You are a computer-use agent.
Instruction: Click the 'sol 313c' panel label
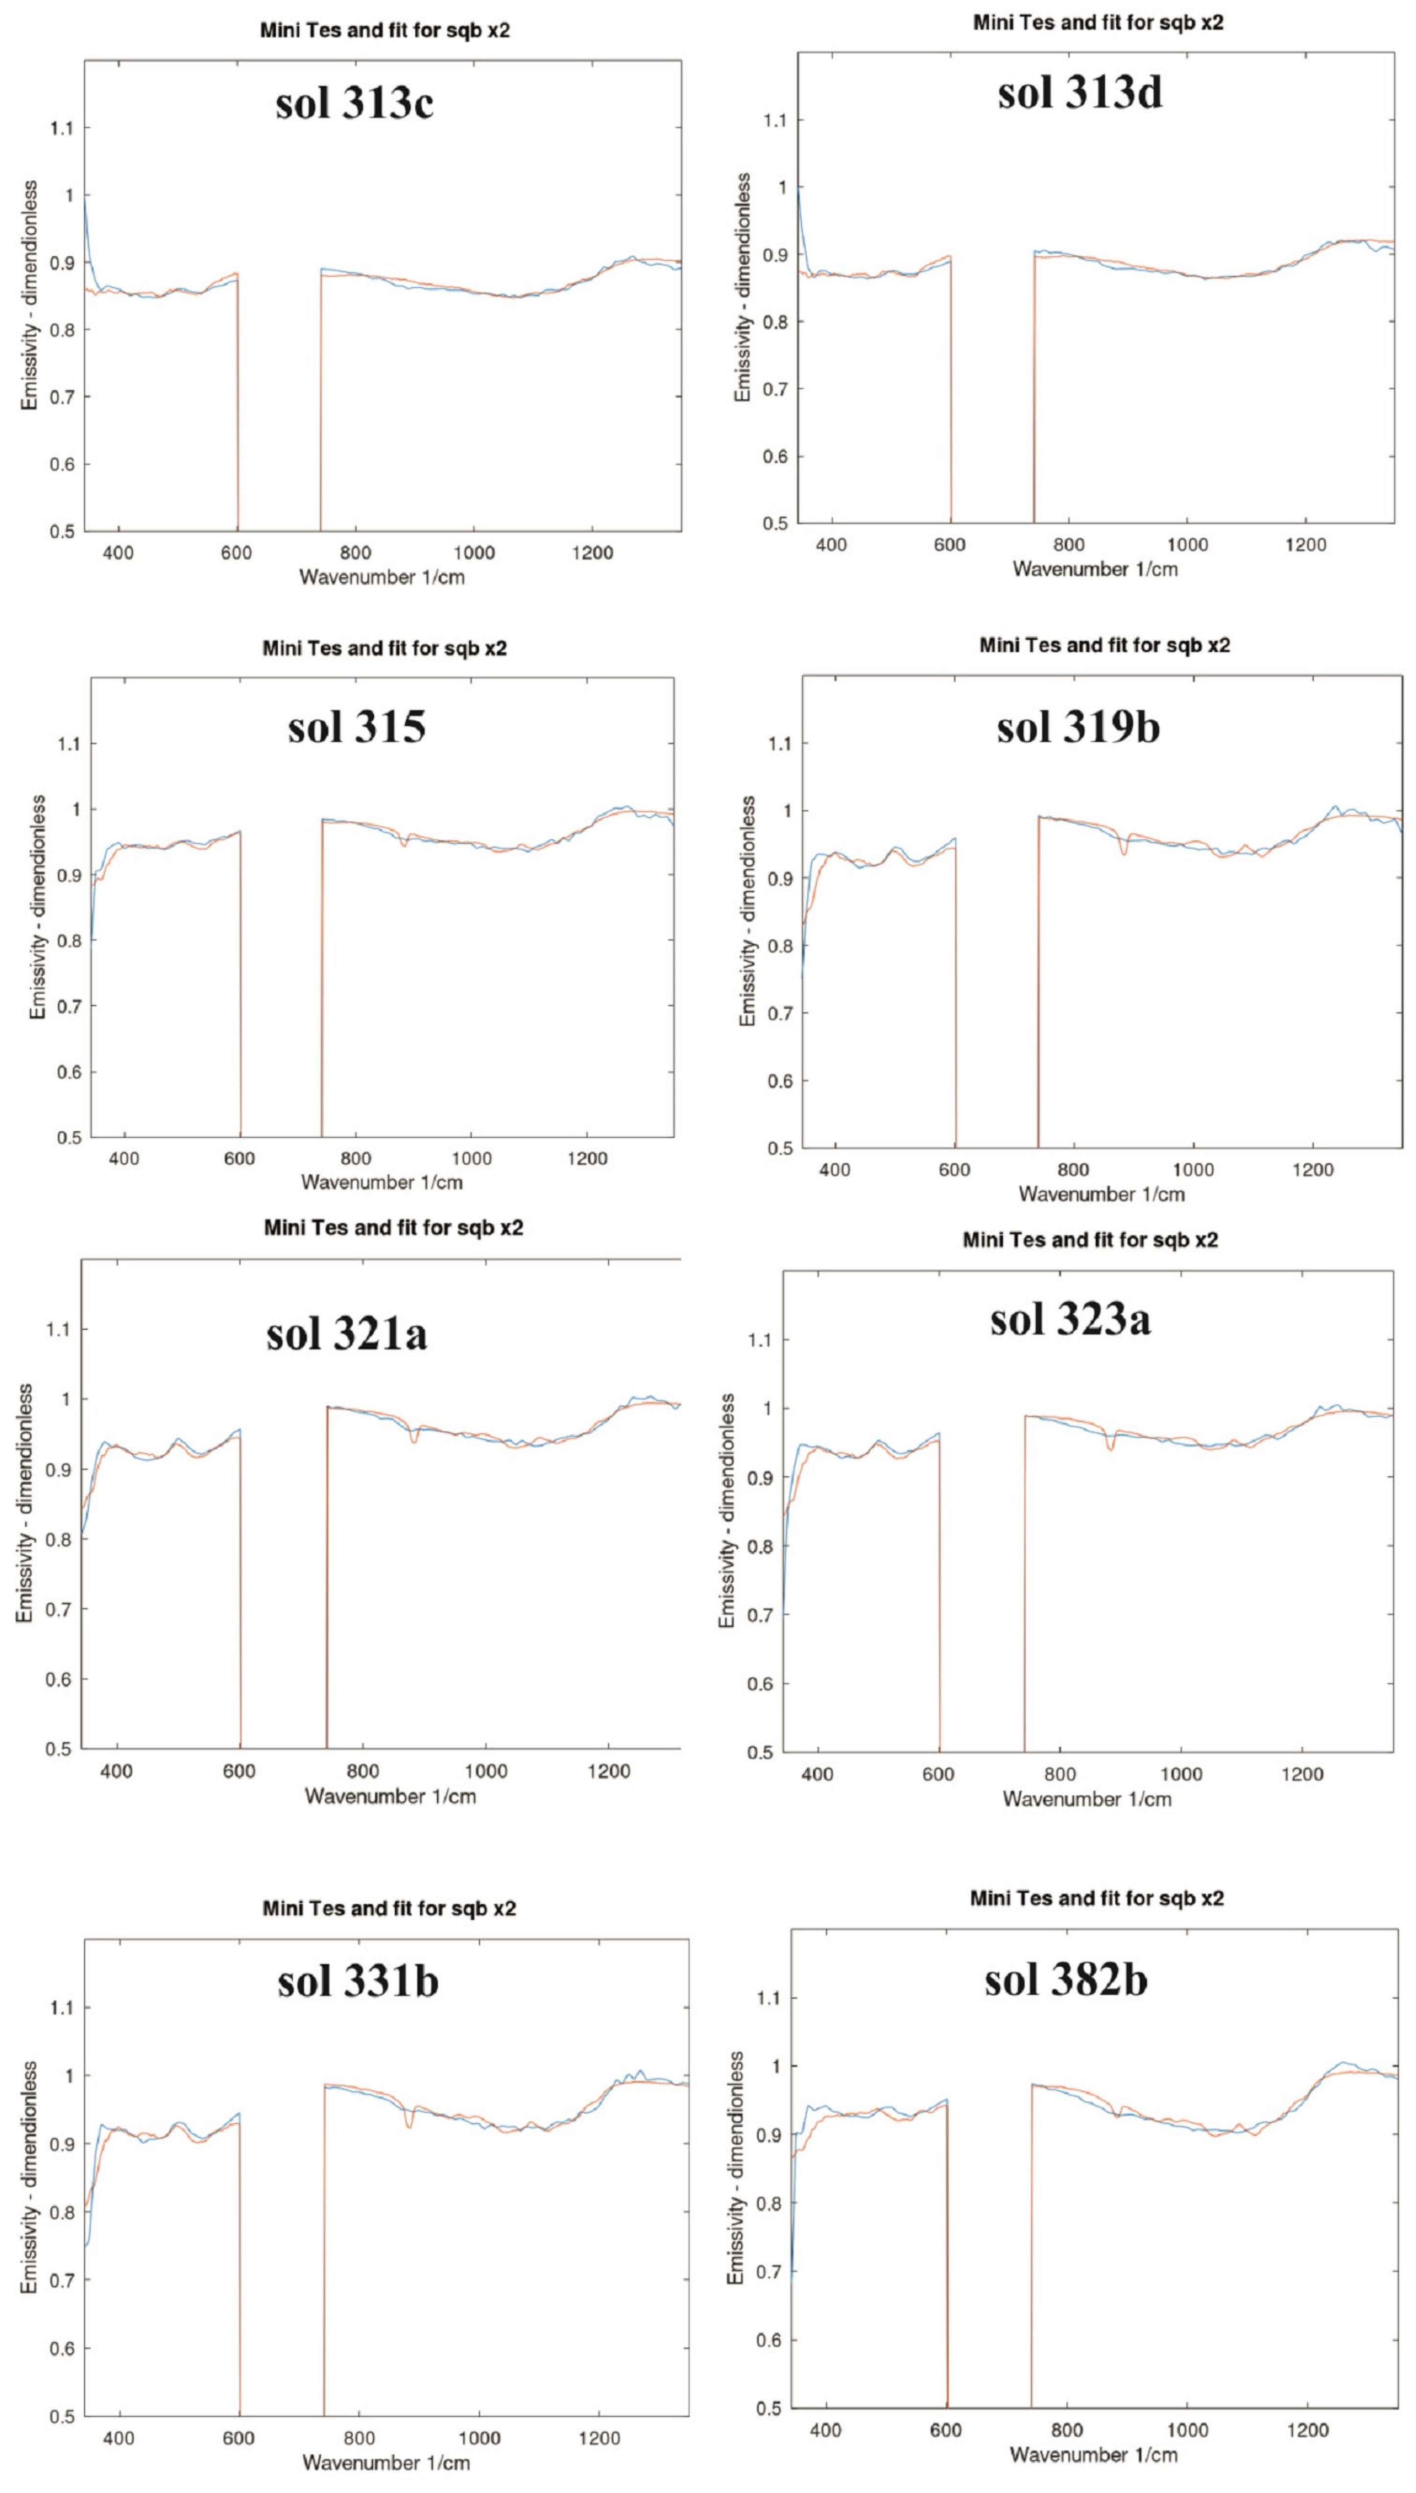(x=354, y=103)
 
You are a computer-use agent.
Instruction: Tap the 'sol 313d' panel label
(x=1080, y=94)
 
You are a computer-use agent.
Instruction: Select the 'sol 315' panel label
(x=356, y=727)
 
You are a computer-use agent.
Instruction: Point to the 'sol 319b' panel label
(x=1078, y=727)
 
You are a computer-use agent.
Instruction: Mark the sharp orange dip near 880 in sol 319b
(x=1124, y=852)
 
